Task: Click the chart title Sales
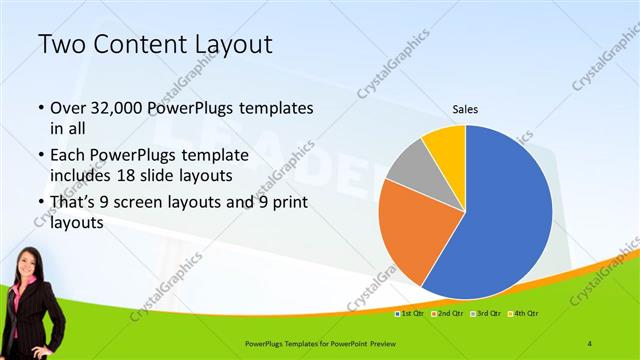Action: tap(465, 108)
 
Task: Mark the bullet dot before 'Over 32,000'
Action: tap(40, 107)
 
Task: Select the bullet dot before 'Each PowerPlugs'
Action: tap(40, 157)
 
